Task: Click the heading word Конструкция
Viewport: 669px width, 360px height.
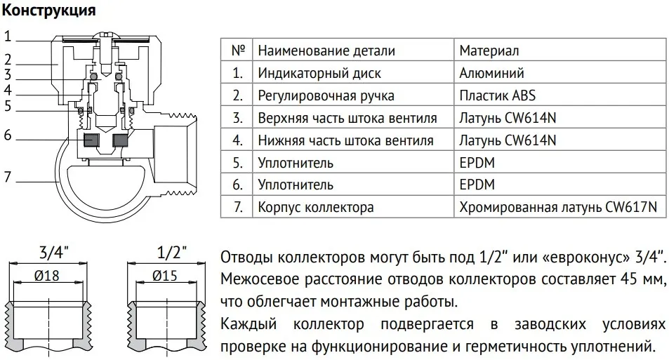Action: [x=48, y=11]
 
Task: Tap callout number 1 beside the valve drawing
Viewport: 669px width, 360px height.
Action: [x=7, y=36]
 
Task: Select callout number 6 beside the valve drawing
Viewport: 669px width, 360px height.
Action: [x=7, y=135]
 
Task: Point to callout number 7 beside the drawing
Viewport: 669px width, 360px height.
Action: [x=7, y=176]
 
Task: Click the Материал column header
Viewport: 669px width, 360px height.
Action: [x=489, y=51]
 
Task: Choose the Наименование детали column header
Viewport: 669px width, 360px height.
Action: [x=326, y=51]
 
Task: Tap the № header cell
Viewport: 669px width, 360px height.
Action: [x=238, y=51]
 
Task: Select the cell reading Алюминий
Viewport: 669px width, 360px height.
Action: [x=491, y=73]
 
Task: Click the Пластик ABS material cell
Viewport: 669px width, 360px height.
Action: [x=497, y=95]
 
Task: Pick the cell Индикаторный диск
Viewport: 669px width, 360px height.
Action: [x=319, y=73]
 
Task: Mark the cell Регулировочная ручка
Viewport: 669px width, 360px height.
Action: [x=326, y=95]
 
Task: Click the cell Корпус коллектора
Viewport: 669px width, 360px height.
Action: [x=316, y=207]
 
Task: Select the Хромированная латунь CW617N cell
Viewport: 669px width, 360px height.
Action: [x=558, y=207]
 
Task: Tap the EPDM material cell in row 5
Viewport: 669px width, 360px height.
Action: [x=477, y=163]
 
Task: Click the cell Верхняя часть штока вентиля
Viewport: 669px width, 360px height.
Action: [x=347, y=118]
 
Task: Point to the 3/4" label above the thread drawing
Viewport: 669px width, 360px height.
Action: [x=53, y=253]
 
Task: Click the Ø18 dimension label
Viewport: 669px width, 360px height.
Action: [x=47, y=276]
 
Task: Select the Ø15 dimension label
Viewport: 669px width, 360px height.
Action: [x=165, y=276]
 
